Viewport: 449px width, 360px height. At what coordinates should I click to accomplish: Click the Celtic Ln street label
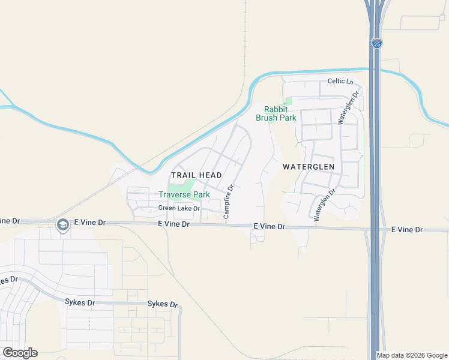[x=340, y=81]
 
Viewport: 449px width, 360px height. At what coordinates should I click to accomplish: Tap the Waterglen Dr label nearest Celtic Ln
[x=349, y=108]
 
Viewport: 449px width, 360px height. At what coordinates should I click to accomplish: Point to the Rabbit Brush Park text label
[x=276, y=113]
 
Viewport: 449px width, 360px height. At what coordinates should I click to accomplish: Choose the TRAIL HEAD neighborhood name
[x=196, y=175]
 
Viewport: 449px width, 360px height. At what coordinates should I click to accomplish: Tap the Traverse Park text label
[x=184, y=194]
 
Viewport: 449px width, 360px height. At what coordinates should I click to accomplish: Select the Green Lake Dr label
[x=179, y=208]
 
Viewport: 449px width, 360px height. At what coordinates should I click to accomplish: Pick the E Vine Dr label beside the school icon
[x=89, y=223]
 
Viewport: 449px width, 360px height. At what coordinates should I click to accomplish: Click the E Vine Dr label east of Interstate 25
[x=407, y=230]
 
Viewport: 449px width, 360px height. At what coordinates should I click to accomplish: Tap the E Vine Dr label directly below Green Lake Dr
[x=174, y=224]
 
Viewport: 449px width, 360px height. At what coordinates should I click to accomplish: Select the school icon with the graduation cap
[x=62, y=225]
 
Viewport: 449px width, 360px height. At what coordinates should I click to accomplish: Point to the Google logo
[x=20, y=353]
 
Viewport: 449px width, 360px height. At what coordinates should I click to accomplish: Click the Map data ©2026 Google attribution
[x=412, y=355]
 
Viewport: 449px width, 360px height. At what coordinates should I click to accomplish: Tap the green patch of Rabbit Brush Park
[x=288, y=100]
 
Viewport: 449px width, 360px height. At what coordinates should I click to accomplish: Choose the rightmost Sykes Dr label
[x=163, y=304]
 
